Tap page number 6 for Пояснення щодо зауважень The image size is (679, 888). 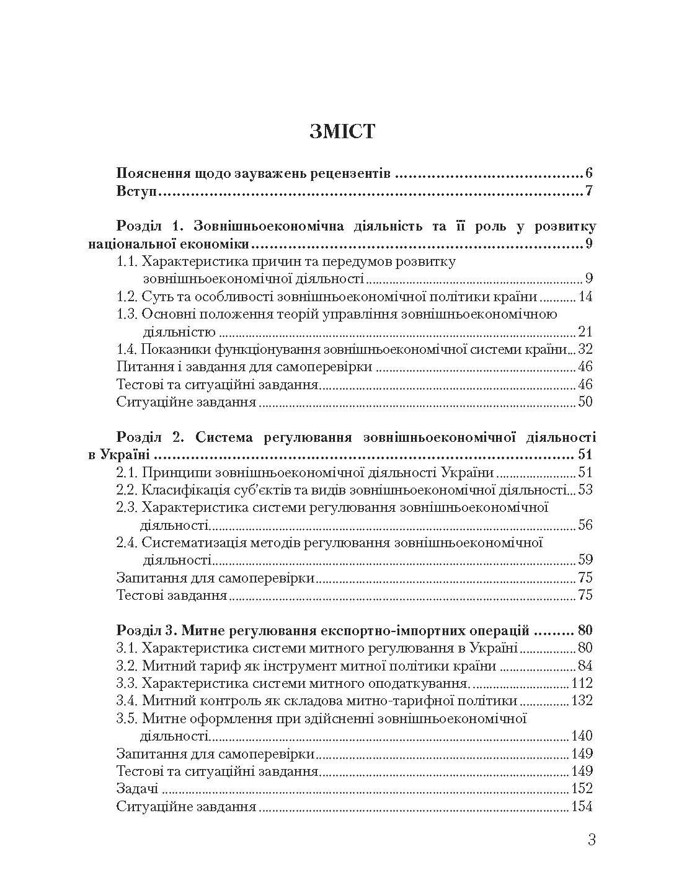[x=588, y=174]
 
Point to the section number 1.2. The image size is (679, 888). [x=127, y=297]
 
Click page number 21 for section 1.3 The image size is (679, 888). [x=584, y=332]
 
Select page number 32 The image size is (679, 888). [x=584, y=349]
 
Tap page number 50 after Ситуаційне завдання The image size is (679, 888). [x=584, y=402]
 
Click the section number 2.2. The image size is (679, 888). [x=127, y=490]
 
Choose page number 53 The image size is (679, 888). [x=584, y=490]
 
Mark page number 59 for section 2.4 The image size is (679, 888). [x=584, y=560]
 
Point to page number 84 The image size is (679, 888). [x=584, y=666]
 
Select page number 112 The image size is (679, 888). [x=581, y=684]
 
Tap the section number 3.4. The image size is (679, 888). [x=127, y=701]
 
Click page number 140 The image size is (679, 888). [x=581, y=736]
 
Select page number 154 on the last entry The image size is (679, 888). [x=581, y=807]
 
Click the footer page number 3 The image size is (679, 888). [x=591, y=841]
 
